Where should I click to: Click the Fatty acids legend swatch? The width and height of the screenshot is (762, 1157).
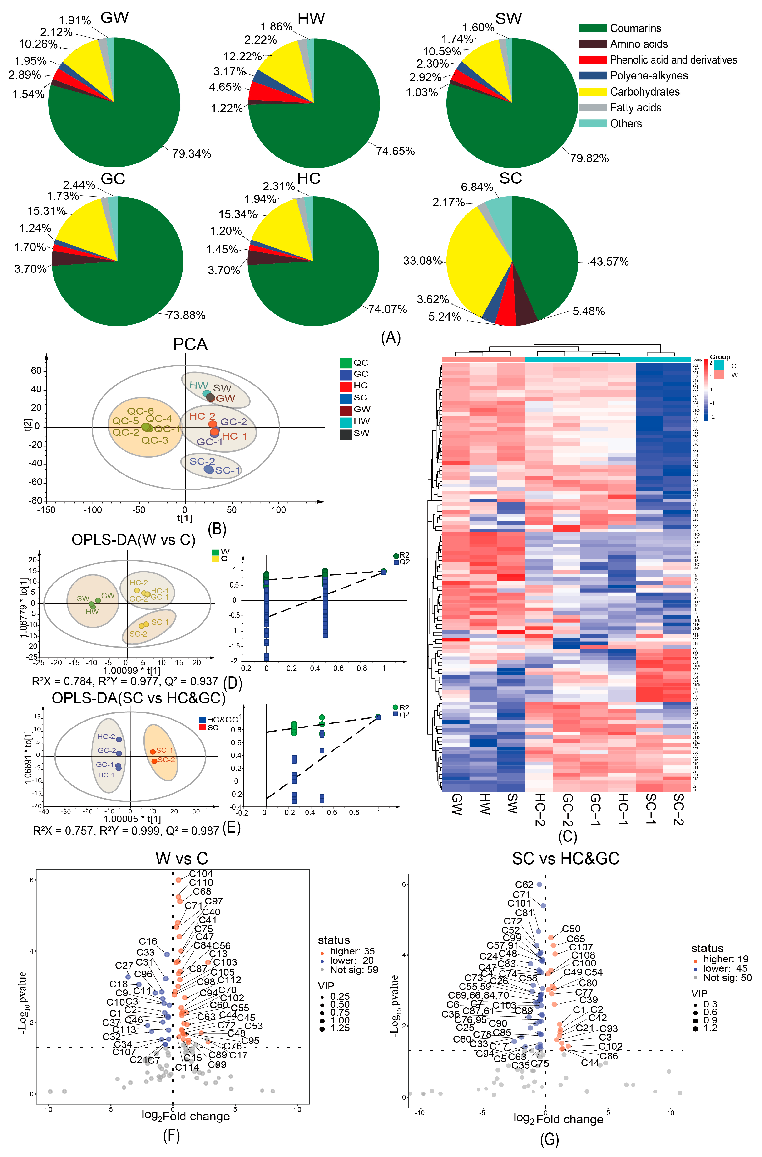(592, 107)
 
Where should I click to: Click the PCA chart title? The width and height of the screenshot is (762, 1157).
(190, 344)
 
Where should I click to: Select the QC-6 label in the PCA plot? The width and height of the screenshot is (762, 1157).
(141, 411)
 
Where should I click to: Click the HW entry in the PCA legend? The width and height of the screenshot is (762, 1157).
(361, 421)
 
